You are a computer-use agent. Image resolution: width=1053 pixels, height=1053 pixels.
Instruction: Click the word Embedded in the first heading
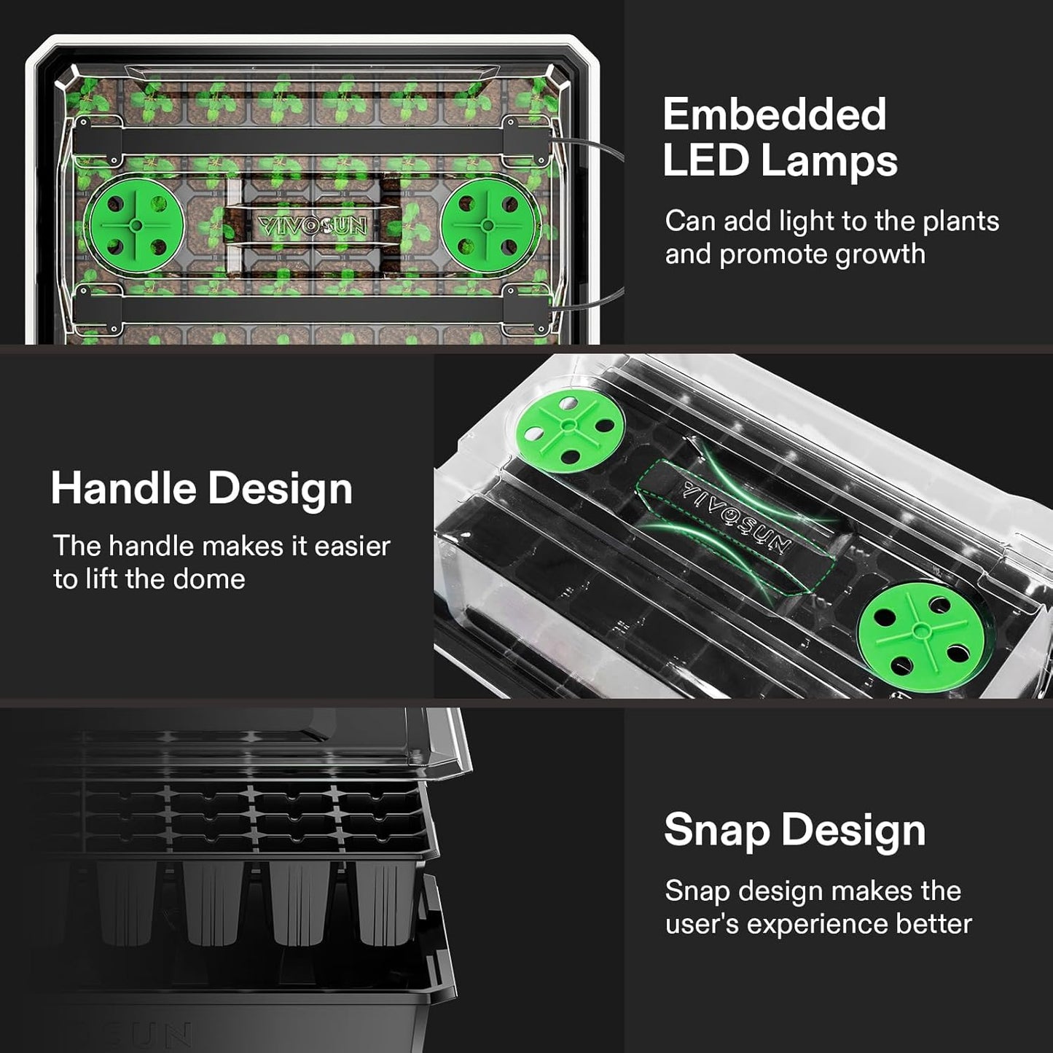pyautogui.click(x=774, y=114)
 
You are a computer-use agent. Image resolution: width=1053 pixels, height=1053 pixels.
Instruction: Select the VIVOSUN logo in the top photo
pyautogui.click(x=312, y=225)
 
